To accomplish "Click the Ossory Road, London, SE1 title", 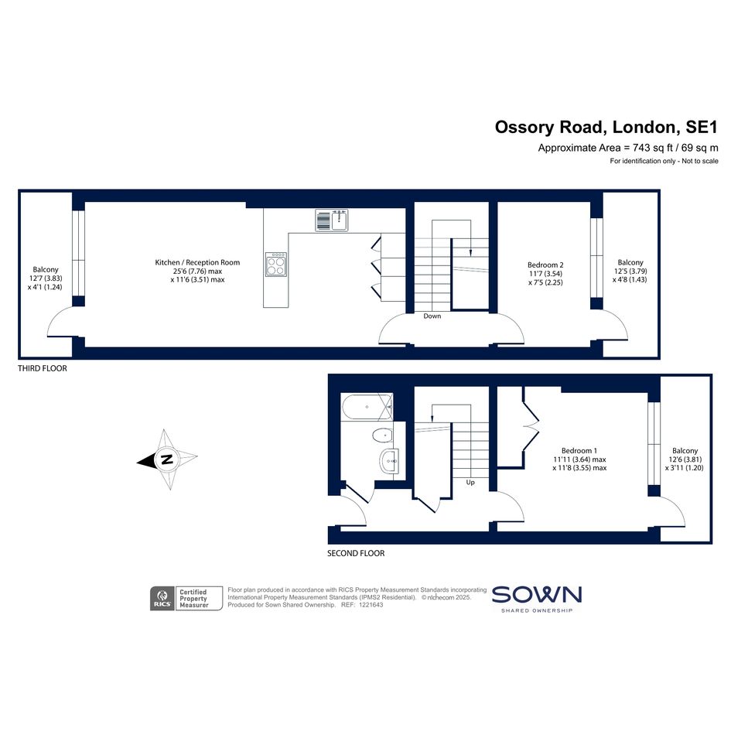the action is [606, 128].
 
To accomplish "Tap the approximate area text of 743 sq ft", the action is [628, 148].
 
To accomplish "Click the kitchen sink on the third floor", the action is [332, 220].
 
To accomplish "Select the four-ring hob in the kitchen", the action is [276, 265].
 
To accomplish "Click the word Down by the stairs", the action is [432, 316].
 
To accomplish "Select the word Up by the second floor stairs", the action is [470, 483].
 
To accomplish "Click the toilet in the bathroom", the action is [382, 436].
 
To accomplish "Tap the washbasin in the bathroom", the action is [389, 461].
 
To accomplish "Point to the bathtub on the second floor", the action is [367, 407].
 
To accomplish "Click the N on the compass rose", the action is [166, 459].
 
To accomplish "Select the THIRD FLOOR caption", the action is [43, 368].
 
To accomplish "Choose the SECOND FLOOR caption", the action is [356, 553].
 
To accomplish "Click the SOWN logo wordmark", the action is [537, 595].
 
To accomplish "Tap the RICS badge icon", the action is [162, 599].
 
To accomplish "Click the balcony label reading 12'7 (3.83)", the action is [45, 278].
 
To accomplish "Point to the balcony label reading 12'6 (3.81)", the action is [685, 459].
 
